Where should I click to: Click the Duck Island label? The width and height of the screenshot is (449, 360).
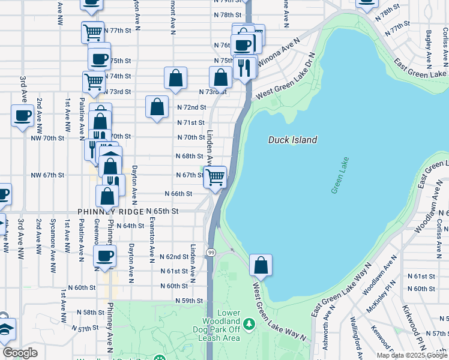tap(292, 140)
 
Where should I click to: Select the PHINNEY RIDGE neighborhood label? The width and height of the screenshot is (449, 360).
tap(112, 212)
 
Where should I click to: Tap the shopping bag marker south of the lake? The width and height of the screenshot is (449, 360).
tap(261, 265)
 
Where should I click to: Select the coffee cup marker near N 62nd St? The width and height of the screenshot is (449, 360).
tap(105, 256)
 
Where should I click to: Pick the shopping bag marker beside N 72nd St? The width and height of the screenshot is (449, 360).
tap(157, 107)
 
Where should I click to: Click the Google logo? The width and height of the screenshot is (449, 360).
tap(20, 353)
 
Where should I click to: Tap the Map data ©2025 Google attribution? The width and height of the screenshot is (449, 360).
tap(411, 355)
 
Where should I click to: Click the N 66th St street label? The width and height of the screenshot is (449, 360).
tap(179, 194)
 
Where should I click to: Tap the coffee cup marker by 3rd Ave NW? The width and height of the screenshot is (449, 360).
tap(23, 116)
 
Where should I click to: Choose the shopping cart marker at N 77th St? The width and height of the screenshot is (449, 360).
tap(92, 32)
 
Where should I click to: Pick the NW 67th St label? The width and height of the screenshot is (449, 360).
tap(47, 175)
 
